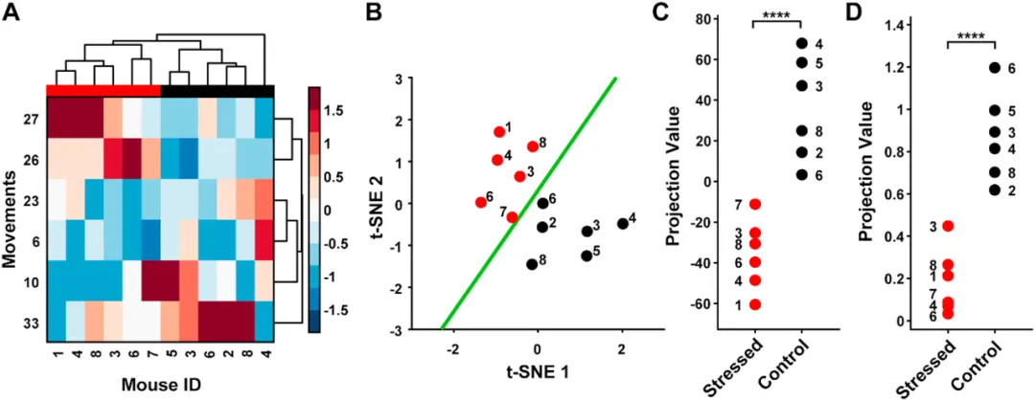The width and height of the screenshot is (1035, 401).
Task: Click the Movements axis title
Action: tap(12, 217)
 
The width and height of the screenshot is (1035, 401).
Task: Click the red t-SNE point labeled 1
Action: tap(499, 132)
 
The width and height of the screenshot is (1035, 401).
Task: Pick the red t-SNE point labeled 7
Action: tap(512, 217)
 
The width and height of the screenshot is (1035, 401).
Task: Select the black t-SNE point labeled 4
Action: tap(623, 224)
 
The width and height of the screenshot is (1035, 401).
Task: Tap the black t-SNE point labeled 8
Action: tap(532, 264)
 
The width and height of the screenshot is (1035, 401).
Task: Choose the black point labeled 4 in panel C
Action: tap(801, 43)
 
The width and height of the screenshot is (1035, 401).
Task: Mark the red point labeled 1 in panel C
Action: tap(755, 304)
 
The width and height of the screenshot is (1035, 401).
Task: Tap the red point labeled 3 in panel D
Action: tap(949, 226)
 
